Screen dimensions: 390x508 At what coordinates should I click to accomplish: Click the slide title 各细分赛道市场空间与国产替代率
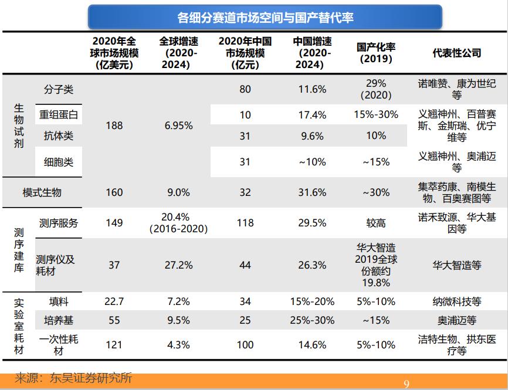[x=265, y=17]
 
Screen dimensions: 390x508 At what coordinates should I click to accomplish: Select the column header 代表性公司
[x=456, y=53]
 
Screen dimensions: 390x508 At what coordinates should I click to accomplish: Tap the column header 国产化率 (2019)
[x=375, y=53]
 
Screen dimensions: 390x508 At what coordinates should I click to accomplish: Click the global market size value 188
[x=114, y=126]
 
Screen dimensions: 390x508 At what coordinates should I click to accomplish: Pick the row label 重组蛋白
[x=57, y=115]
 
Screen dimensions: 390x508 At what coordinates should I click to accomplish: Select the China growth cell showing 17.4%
[x=312, y=115]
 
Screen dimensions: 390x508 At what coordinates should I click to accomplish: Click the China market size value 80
[x=245, y=90]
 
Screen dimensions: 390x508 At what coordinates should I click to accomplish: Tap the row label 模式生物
[x=42, y=193]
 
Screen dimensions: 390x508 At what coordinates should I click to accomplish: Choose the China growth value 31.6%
[x=312, y=193]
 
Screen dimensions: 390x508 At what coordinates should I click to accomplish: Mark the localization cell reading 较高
[x=375, y=223]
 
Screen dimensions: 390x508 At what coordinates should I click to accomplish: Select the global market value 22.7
[x=114, y=301]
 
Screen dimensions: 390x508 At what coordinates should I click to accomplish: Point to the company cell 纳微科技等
[x=456, y=301]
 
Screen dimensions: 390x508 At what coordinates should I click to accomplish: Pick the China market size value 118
[x=245, y=223]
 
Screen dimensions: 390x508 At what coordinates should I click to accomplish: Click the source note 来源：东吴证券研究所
[x=73, y=378]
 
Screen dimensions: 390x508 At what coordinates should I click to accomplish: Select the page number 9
[x=407, y=384]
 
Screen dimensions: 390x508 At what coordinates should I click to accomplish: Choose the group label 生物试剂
[x=19, y=126]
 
